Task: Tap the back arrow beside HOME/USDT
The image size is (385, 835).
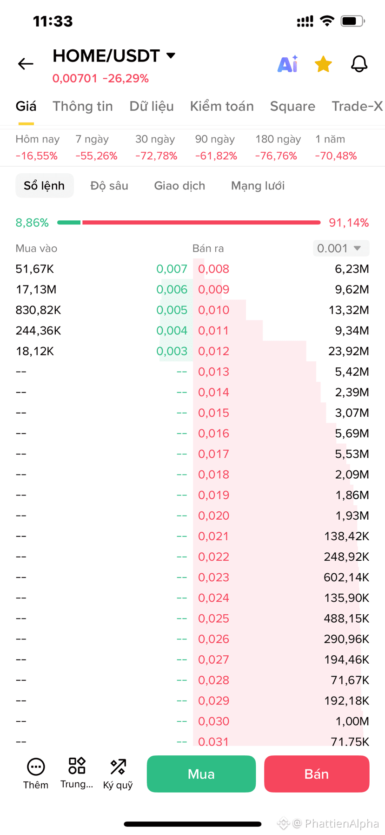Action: [26, 64]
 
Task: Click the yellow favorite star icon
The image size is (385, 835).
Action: [323, 64]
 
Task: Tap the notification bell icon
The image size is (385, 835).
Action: [359, 64]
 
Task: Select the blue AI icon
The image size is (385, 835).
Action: [287, 64]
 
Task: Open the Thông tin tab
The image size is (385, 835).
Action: [83, 106]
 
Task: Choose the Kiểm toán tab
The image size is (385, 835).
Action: [222, 106]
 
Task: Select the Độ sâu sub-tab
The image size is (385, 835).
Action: [109, 186]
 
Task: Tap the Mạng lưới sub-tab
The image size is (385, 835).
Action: [258, 186]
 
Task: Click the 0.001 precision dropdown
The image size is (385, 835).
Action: [341, 248]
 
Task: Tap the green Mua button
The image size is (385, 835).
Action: [201, 774]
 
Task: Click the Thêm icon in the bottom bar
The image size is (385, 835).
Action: [36, 774]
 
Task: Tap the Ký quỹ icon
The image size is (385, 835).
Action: [118, 774]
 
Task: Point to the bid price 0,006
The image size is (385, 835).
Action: [172, 290]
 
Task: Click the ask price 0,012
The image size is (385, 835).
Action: [213, 351]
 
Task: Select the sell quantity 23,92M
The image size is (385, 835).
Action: [349, 351]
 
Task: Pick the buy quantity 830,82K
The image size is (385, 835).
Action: [38, 310]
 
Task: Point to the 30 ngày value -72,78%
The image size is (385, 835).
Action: [156, 156]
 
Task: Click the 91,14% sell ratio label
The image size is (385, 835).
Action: [349, 223]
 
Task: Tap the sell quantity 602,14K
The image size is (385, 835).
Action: [346, 577]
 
